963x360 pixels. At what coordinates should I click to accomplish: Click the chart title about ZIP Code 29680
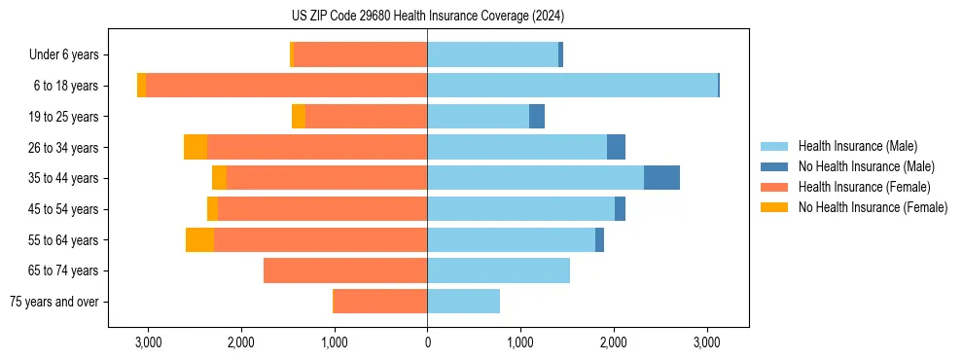[427, 17]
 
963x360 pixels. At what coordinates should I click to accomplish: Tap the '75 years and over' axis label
[53, 302]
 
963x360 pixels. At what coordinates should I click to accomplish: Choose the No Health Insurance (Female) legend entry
[873, 207]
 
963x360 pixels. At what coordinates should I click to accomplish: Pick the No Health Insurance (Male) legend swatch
[774, 166]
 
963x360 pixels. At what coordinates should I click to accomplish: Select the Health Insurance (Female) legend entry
[865, 187]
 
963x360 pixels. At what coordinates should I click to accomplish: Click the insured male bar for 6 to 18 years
[572, 86]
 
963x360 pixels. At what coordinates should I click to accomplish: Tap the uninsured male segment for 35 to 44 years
[661, 178]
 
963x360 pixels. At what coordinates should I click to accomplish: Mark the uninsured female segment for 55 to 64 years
[199, 239]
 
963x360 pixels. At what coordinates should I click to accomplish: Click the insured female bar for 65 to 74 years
[345, 270]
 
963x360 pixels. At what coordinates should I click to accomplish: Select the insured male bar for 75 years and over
[463, 302]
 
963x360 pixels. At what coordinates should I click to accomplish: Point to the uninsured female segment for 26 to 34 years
[195, 147]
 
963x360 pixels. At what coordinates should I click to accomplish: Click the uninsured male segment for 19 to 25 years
[537, 117]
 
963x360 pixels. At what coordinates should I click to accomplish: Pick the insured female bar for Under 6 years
[360, 55]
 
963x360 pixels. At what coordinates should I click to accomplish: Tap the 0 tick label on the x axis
[427, 342]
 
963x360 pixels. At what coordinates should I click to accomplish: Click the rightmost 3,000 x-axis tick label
[706, 342]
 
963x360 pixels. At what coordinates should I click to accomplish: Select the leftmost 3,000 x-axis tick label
[148, 342]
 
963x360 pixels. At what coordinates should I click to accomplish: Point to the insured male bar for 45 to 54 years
[520, 209]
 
